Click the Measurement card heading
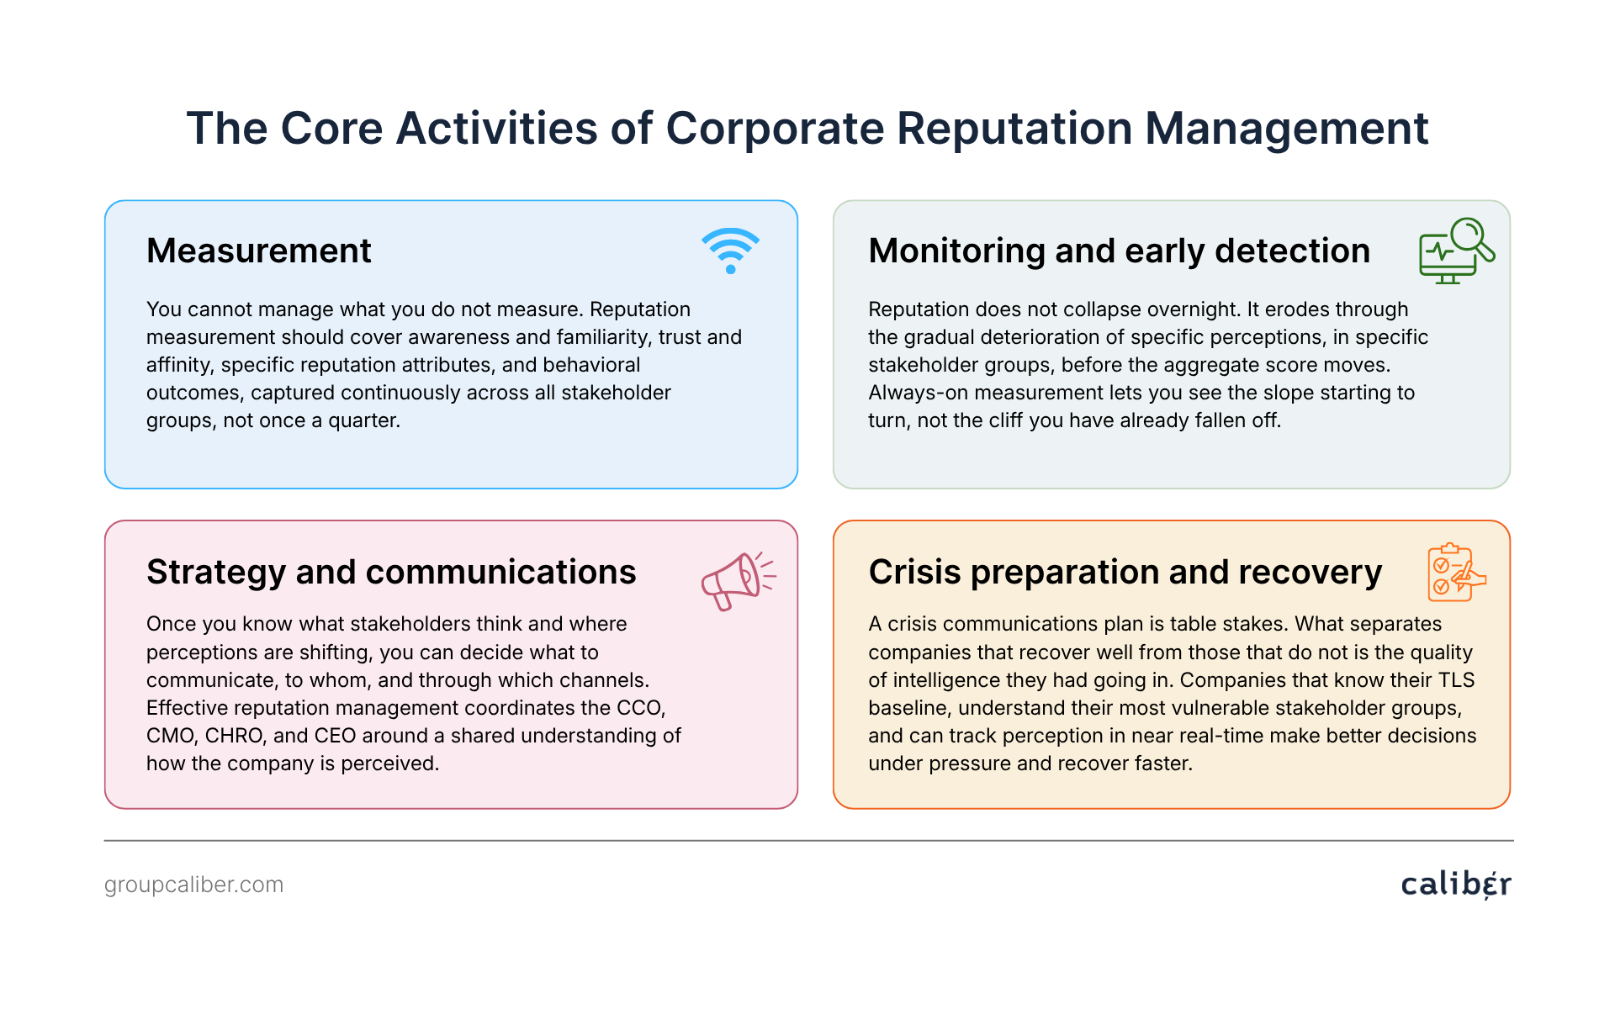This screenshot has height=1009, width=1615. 258,251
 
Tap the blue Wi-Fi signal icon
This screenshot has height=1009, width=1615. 730,251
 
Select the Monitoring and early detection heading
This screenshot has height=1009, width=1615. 1119,251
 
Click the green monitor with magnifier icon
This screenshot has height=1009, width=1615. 1456,251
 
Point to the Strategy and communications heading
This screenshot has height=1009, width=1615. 391,573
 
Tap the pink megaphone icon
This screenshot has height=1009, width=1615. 739,581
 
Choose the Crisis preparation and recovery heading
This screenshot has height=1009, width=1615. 1125,573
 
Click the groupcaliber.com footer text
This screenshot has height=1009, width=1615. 193,885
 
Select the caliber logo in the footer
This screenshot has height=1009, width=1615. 1456,884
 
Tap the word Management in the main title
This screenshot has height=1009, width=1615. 1286,129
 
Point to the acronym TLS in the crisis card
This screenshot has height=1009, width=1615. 1457,680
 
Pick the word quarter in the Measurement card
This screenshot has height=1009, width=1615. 363,421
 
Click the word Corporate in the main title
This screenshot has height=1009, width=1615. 774,129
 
